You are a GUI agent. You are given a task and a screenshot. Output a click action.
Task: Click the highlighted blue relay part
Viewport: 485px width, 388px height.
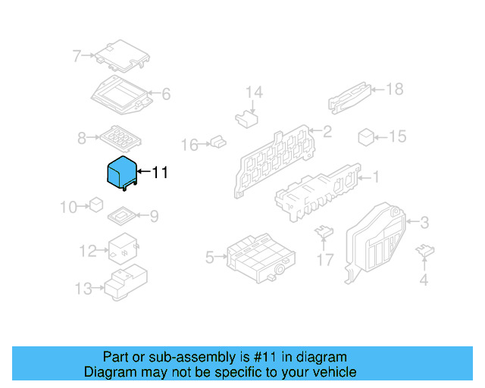[x=120, y=172]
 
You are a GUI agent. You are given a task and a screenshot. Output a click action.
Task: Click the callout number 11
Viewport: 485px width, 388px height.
[x=160, y=173]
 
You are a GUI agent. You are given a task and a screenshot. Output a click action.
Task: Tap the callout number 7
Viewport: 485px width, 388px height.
[x=77, y=55]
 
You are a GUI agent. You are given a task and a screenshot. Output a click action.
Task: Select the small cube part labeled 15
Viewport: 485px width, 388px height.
[x=366, y=136]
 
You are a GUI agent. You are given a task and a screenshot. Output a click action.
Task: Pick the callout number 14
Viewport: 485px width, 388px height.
[x=254, y=92]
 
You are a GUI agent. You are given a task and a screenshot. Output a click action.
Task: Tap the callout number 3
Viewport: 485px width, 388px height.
[x=424, y=222]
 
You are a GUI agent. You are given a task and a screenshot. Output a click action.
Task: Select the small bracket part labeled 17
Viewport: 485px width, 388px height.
[x=324, y=232]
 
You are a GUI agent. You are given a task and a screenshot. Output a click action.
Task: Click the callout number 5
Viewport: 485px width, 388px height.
[x=210, y=258]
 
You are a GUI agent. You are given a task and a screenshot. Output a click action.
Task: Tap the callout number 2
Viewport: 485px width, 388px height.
[x=327, y=132]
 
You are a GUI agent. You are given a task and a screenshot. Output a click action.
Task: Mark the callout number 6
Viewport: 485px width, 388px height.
[x=166, y=95]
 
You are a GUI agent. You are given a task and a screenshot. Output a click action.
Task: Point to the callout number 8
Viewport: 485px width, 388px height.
[x=82, y=139]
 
